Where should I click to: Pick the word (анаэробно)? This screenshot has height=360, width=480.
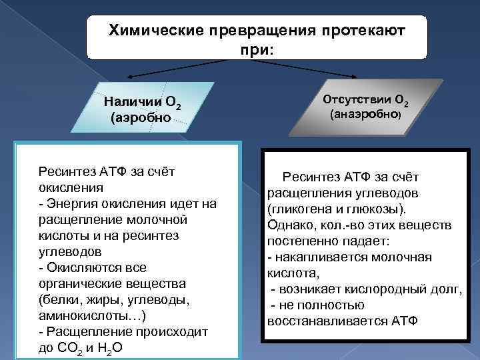(x=366, y=114)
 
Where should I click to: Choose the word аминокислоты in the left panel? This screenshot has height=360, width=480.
(x=80, y=315)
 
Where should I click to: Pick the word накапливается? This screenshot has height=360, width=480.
(x=317, y=257)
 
